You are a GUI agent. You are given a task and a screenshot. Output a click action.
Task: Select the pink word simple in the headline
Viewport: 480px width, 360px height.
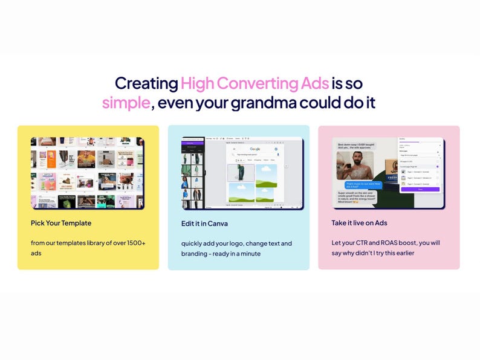tap(126, 103)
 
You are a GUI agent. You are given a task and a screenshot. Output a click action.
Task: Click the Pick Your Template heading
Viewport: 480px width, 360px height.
tap(61, 223)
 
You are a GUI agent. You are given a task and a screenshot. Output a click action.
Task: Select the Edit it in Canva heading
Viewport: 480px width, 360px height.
tap(204, 223)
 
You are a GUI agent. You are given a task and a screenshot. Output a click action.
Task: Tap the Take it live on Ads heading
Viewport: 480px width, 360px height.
tap(359, 223)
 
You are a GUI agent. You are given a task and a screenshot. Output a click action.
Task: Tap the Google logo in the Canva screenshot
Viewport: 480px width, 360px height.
tap(255, 149)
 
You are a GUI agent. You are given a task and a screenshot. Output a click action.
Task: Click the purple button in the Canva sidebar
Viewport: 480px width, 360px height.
tap(193, 143)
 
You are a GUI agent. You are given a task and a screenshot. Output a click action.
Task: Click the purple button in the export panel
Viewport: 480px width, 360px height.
tap(420, 189)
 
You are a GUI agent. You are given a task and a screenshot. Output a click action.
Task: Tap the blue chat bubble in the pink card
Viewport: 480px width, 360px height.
tap(363, 185)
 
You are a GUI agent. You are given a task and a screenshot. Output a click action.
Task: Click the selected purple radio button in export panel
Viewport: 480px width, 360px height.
tap(437, 166)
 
